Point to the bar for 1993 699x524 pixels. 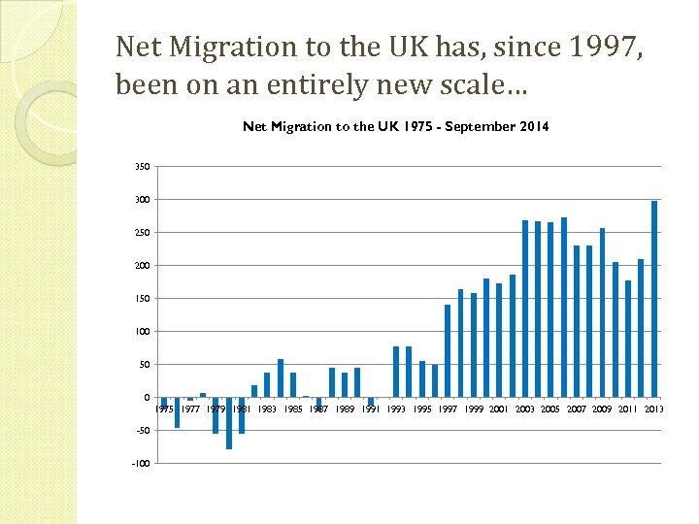[396, 372]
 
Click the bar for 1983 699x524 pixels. [267, 384]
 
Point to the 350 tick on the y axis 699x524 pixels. [143, 167]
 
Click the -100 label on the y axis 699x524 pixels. [141, 464]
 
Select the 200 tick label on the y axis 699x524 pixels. [143, 266]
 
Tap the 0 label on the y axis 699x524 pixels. [147, 398]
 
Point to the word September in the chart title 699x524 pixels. [469, 126]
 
